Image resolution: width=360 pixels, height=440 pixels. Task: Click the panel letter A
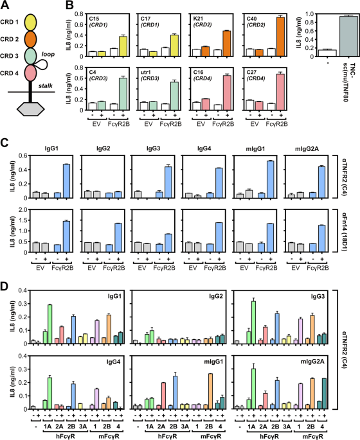click(4, 5)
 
